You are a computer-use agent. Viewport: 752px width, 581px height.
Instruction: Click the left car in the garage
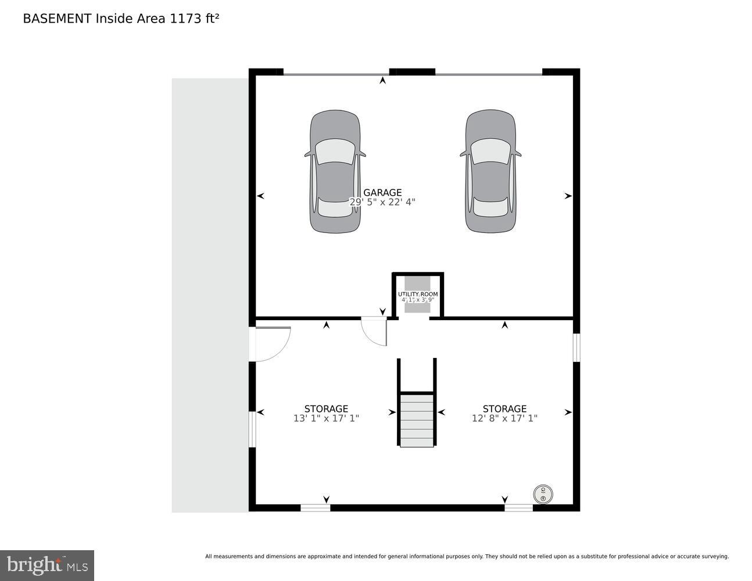point(335,172)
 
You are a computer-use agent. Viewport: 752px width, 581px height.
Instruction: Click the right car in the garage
point(490,172)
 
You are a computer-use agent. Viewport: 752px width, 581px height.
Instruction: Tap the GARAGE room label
point(382,192)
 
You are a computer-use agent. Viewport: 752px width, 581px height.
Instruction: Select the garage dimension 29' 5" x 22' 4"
point(382,202)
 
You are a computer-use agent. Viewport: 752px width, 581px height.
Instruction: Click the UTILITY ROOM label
point(417,295)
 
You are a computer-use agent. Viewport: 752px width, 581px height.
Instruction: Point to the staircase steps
point(417,420)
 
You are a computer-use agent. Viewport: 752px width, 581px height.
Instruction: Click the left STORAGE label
point(326,408)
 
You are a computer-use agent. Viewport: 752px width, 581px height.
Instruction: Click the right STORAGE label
point(504,408)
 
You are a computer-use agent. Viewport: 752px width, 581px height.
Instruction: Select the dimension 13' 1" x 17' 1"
point(326,418)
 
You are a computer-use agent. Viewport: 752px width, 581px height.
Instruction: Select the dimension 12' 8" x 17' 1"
point(504,418)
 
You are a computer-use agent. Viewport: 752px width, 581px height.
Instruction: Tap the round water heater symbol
point(543,495)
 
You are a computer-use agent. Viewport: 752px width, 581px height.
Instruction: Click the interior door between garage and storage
point(374,332)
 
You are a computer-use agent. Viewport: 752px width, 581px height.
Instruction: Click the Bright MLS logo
point(47,565)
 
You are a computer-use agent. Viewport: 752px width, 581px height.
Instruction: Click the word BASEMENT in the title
point(57,19)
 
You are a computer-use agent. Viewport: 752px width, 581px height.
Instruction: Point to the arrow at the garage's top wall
point(382,80)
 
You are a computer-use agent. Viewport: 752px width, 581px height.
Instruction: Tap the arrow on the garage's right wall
point(568,196)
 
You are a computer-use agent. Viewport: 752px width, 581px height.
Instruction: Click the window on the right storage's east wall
point(576,347)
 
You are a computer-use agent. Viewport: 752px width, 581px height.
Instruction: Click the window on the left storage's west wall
point(252,429)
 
